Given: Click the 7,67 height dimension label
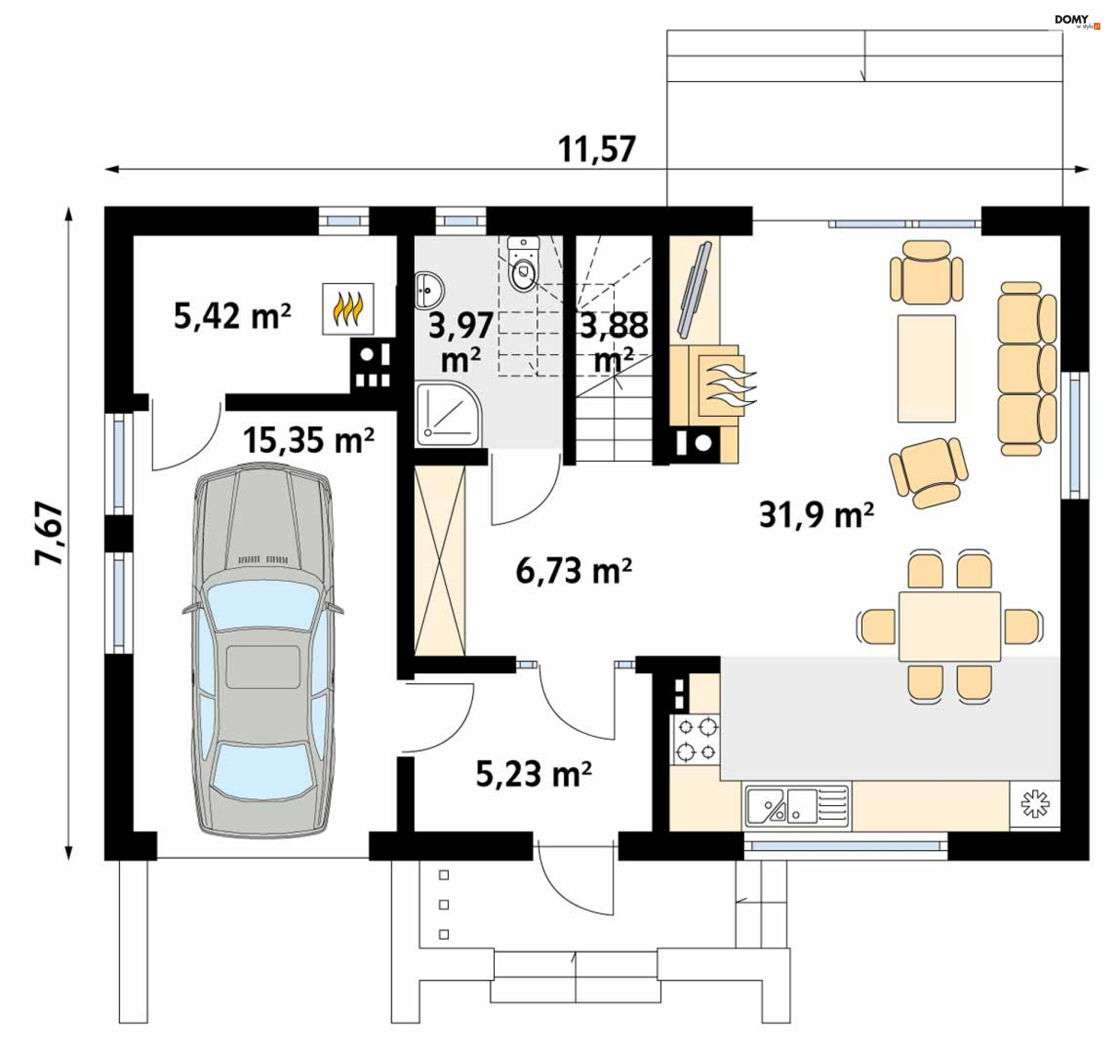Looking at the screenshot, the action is pyautogui.click(x=49, y=533).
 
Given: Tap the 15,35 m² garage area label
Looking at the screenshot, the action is pyautogui.click(x=308, y=440).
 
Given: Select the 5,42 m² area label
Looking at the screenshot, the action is pyautogui.click(x=232, y=317).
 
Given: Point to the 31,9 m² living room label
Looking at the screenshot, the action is pyautogui.click(x=816, y=515).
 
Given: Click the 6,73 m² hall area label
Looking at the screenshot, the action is pyautogui.click(x=573, y=571).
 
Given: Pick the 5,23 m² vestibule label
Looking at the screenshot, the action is pyautogui.click(x=533, y=774).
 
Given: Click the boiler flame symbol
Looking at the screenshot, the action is pyautogui.click(x=348, y=309).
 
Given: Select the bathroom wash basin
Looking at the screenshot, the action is pyautogui.click(x=430, y=290).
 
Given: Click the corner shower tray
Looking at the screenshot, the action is pyautogui.click(x=448, y=413).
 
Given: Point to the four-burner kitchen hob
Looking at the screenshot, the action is pyautogui.click(x=696, y=740).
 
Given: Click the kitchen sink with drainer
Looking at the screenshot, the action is pyautogui.click(x=797, y=806).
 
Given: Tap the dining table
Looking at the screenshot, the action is pyautogui.click(x=949, y=627).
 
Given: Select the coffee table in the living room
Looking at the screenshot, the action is pyautogui.click(x=926, y=368).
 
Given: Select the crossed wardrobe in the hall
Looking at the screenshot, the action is pyautogui.click(x=440, y=561).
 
